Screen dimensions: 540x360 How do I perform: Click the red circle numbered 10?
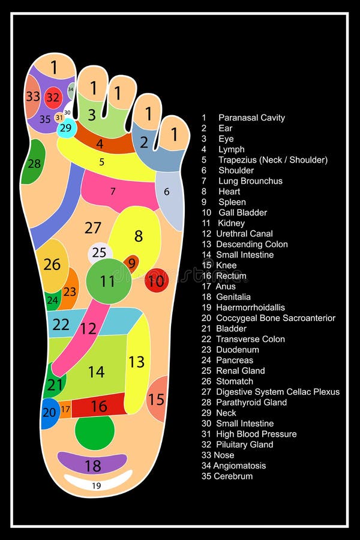point(157,280)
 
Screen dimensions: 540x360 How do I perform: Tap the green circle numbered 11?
point(108,281)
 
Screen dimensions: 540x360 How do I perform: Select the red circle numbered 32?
point(53,97)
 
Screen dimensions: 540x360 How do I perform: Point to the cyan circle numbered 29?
point(66,128)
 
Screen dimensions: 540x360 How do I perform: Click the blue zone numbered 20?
point(50,413)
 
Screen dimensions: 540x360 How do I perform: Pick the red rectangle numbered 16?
point(99,406)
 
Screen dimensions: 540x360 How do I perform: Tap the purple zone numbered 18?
point(92,464)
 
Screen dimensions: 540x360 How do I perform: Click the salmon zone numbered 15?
point(157,399)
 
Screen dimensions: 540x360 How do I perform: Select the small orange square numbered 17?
point(65,409)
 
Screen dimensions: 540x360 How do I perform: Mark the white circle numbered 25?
point(100,253)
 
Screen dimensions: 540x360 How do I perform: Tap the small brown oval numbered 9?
point(131,263)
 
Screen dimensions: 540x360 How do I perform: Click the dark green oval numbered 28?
point(34,163)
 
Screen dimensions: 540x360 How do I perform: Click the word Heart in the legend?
point(229,191)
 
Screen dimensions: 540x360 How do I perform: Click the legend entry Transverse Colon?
point(250,339)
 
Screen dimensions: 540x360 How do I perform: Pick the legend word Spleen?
point(232,202)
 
